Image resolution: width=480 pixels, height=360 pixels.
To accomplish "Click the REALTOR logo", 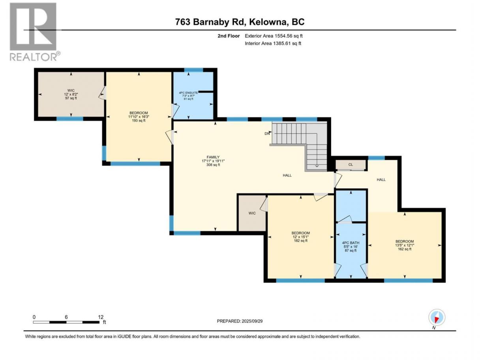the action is coord(35,32).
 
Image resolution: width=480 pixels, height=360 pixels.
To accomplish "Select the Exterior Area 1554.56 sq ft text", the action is coord(274,36).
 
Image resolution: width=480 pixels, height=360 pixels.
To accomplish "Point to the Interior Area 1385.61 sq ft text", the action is coord(273,43).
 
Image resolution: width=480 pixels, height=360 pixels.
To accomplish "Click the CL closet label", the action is coord(351,165).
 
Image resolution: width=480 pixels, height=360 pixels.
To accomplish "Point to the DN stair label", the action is coord(267,133).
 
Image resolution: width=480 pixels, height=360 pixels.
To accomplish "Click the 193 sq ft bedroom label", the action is coord(139,117).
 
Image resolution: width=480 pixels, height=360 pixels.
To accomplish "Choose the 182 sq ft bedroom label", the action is coord(301,237).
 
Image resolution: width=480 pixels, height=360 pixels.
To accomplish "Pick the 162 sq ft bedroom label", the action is coord(405,245).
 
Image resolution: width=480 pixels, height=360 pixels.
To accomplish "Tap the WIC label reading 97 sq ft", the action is coord(71,94).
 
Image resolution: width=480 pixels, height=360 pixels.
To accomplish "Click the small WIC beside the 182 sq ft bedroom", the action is coord(252,213).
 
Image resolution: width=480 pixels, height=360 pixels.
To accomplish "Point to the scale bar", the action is coord(66,322).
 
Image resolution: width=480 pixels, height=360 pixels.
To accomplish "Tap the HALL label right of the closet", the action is coord(381,180).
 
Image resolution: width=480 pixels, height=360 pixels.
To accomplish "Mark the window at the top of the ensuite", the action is coord(193,70).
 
